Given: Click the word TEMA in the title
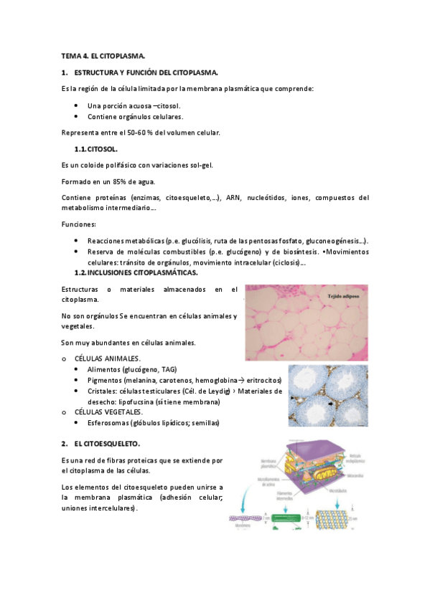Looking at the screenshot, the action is (70, 55).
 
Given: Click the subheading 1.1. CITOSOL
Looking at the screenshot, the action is (96, 149).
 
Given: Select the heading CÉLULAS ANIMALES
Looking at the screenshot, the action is (107, 358).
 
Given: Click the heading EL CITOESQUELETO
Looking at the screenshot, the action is (107, 444).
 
